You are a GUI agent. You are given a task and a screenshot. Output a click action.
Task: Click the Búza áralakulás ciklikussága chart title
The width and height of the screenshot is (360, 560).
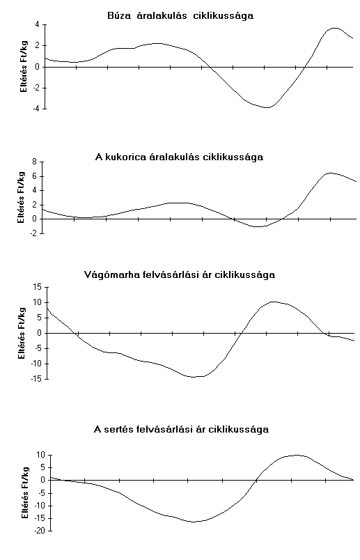[180, 16]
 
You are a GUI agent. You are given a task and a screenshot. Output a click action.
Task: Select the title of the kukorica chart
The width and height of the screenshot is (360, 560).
[179, 157]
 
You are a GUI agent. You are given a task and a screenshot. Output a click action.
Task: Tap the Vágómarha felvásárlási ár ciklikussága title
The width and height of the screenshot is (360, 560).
[180, 274]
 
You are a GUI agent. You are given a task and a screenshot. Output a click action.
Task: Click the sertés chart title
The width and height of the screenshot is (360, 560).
[181, 429]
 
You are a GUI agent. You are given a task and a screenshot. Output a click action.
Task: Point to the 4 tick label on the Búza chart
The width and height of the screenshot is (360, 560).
[38, 24]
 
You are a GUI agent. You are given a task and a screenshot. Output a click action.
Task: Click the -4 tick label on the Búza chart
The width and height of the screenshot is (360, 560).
[36, 109]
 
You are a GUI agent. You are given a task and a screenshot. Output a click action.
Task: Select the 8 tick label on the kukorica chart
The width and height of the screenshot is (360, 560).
[34, 162]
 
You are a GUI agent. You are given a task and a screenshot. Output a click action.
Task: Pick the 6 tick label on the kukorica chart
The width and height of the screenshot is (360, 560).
[34, 176]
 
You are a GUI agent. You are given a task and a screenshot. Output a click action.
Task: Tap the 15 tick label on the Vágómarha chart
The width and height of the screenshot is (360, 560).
[38, 287]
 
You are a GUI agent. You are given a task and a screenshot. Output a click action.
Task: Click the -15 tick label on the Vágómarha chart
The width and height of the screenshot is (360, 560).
[37, 379]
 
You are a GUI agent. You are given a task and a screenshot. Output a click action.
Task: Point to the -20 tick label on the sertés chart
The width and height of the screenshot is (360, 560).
[40, 531]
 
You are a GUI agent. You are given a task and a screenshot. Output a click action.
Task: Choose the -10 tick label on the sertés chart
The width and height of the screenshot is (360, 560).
[40, 506]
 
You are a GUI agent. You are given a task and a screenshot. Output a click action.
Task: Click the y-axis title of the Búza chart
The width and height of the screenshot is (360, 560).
[24, 66]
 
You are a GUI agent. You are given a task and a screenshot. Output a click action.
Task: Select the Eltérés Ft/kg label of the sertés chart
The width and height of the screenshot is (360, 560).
[24, 493]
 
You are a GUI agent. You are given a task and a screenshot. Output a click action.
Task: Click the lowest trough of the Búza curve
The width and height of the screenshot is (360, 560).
[268, 107]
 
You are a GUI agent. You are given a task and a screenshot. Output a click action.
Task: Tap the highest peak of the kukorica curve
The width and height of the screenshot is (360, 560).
[330, 173]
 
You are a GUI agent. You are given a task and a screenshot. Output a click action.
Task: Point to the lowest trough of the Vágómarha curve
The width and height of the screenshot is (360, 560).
[194, 377]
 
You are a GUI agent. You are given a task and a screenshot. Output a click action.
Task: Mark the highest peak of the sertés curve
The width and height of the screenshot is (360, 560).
[297, 455]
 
